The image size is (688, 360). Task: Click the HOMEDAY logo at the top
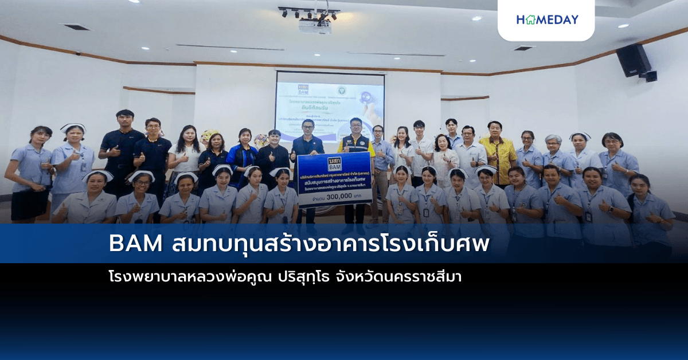click(546, 19)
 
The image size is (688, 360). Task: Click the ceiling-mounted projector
click(315, 26)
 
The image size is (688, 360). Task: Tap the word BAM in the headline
click(136, 244)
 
